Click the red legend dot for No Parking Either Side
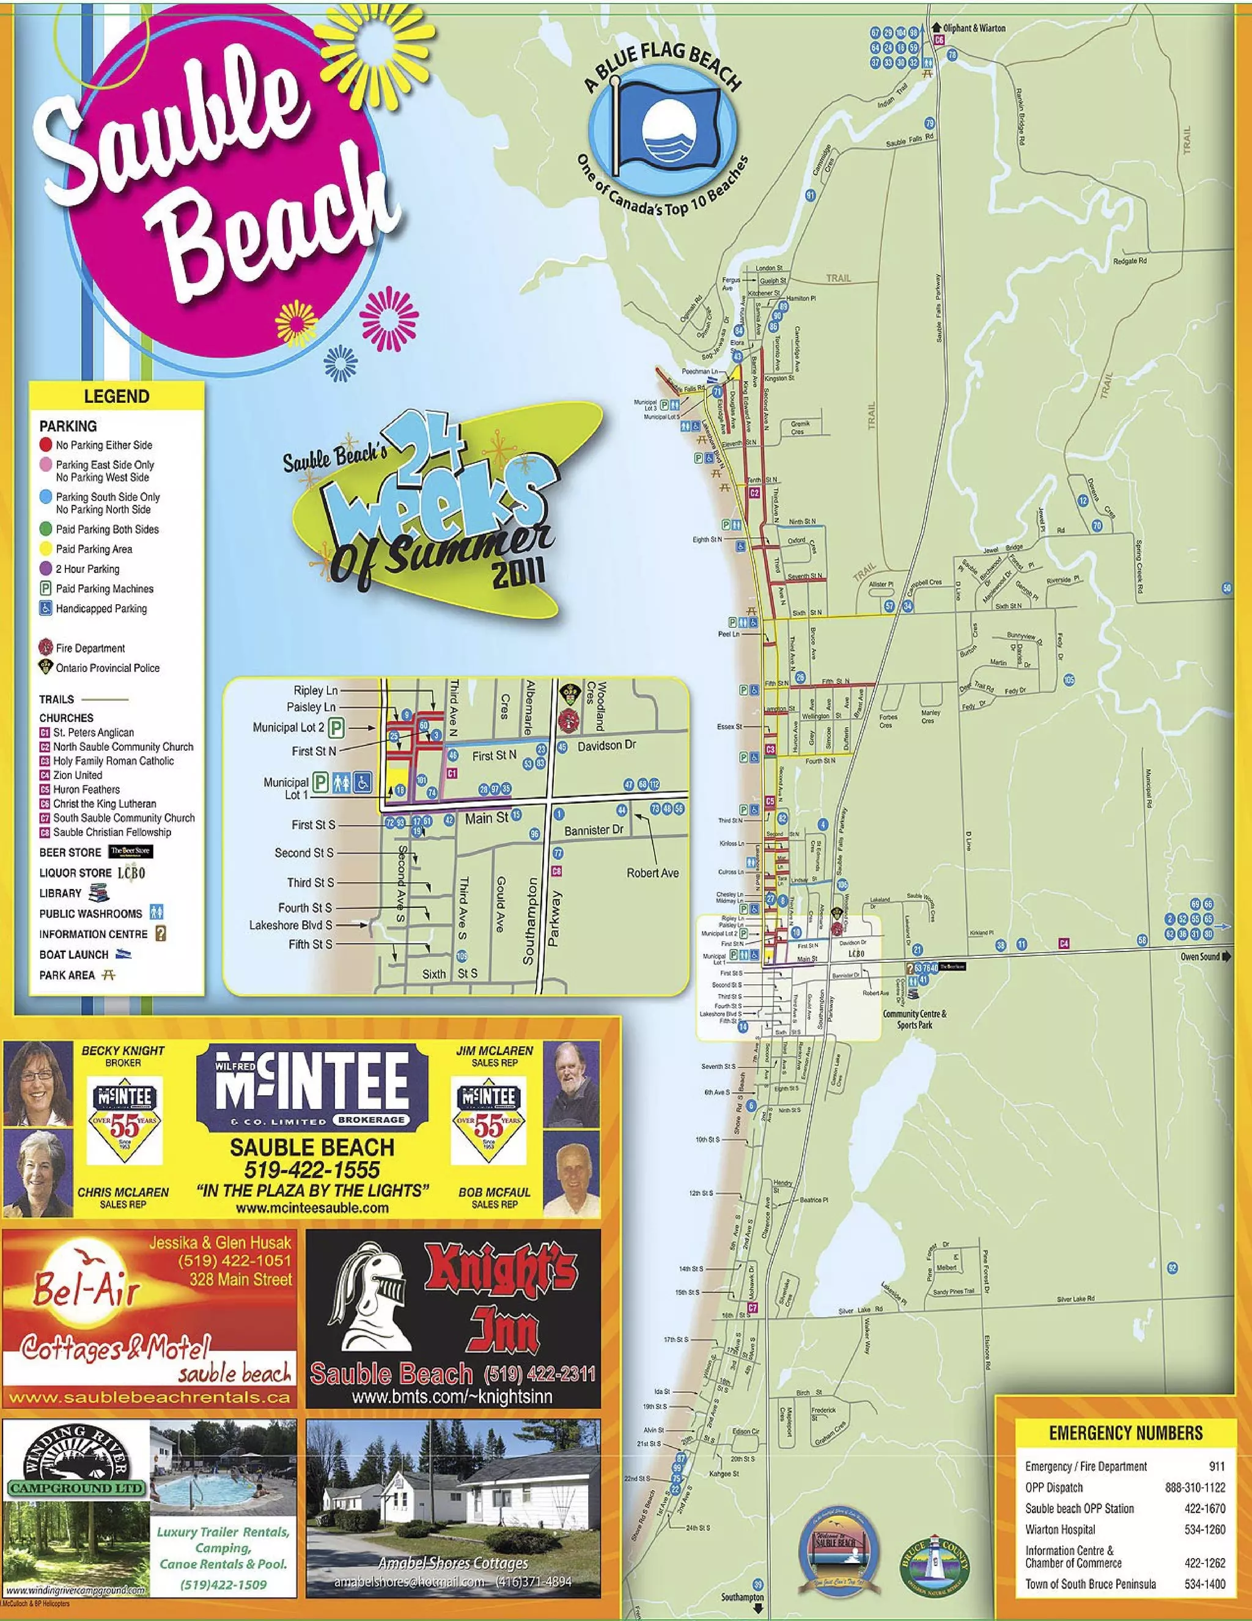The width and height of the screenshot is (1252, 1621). coord(46,445)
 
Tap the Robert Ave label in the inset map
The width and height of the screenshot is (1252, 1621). coord(652,873)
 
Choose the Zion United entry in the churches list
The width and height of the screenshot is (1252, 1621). coord(77,775)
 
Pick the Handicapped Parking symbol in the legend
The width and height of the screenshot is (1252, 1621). coord(45,608)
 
